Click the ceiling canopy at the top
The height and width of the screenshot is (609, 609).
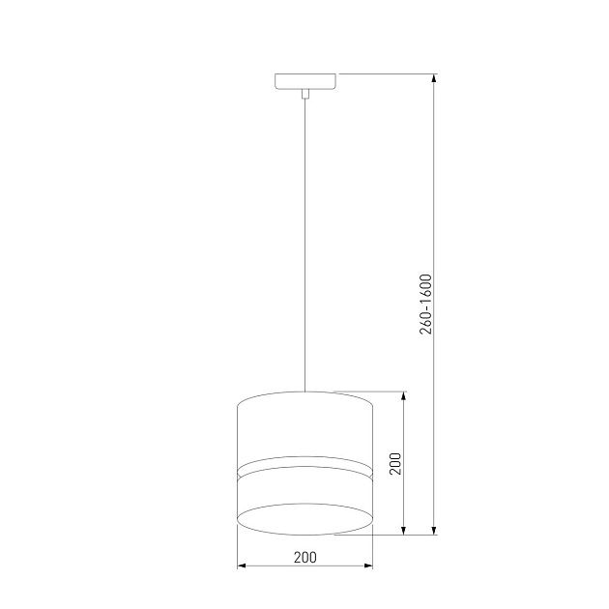point(304,81)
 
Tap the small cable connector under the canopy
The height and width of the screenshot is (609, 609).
point(304,94)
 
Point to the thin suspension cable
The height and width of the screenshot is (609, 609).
point(304,242)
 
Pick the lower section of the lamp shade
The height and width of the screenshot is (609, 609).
point(304,489)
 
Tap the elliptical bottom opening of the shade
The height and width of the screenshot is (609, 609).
point(304,518)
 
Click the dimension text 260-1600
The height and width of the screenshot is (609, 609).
point(426,304)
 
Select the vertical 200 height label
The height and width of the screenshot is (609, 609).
point(394,463)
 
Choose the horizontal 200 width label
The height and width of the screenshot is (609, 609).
point(304,557)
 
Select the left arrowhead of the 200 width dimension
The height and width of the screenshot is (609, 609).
point(243,565)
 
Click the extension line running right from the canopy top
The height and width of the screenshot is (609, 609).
point(387,73)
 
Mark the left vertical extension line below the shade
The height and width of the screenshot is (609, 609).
point(237,546)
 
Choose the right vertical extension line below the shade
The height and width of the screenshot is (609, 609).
point(372,546)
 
